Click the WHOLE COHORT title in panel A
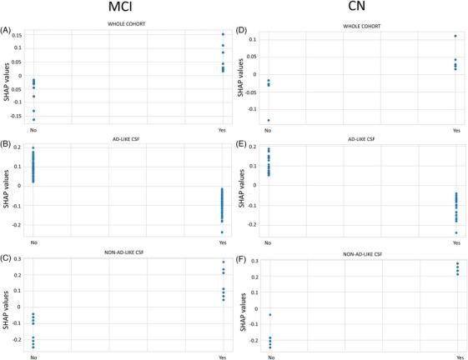tap(128, 23)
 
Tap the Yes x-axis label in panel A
tap(223, 130)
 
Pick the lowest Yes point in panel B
tap(223, 232)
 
